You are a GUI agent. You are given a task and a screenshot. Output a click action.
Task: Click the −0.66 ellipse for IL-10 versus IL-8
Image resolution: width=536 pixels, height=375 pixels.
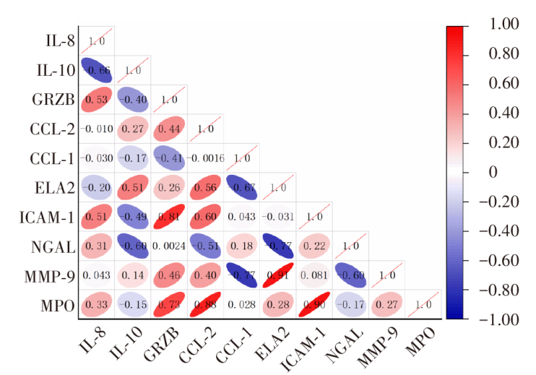96,71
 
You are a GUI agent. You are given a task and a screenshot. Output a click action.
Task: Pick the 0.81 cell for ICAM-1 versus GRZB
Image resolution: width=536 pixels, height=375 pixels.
169,215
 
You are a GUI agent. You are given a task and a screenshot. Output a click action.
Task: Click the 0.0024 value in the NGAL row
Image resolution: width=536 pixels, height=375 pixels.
169,245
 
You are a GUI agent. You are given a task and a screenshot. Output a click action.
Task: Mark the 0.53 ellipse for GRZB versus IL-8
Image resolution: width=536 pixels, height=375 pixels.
96,98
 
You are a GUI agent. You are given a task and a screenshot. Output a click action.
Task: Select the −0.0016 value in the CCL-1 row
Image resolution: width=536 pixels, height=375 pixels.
206,158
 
